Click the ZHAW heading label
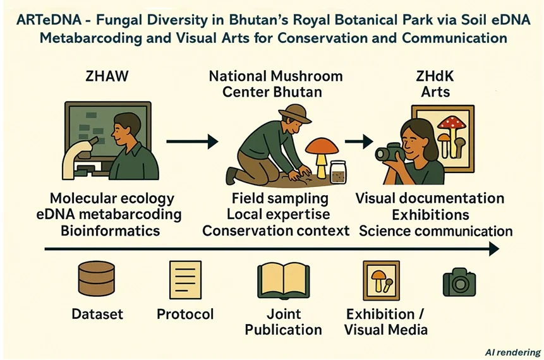click(x=107, y=76)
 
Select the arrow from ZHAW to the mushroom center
click(x=192, y=141)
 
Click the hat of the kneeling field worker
click(x=294, y=114)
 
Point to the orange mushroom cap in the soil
click(x=322, y=147)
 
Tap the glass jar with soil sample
click(x=338, y=172)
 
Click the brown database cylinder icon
click(x=97, y=279)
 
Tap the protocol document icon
click(x=185, y=280)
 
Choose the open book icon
click(x=284, y=280)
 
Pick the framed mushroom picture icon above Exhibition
click(x=381, y=280)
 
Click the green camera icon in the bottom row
click(x=459, y=282)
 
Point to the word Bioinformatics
click(x=111, y=231)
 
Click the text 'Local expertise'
click(x=278, y=214)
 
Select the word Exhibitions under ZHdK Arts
click(x=430, y=215)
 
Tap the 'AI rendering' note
click(x=513, y=352)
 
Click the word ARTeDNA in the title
click(x=49, y=20)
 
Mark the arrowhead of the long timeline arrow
click(x=494, y=249)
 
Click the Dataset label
click(x=97, y=314)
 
